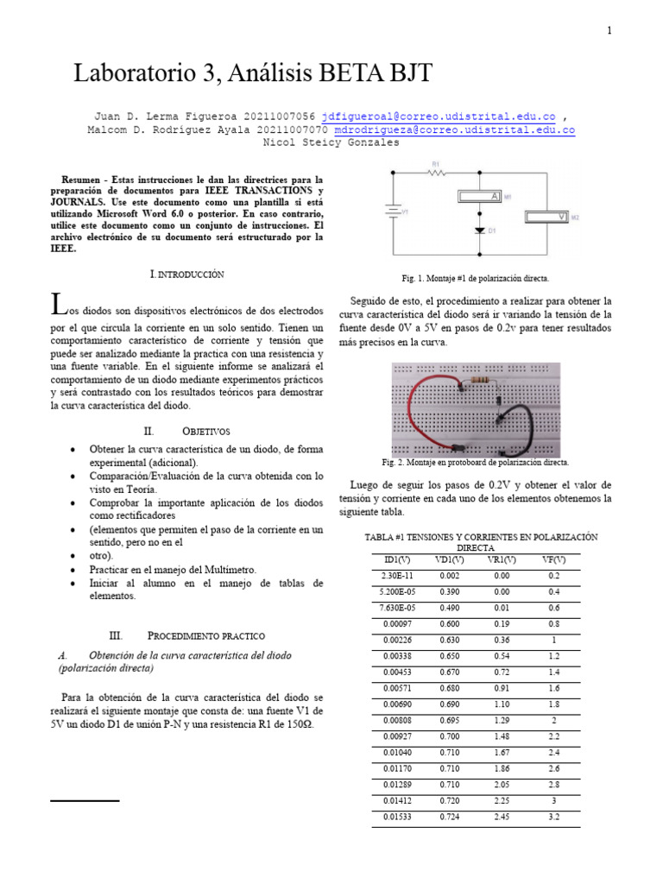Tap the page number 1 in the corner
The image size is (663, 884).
tap(609, 31)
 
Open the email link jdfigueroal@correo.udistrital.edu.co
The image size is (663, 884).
tap(438, 116)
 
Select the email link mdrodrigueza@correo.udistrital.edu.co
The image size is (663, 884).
tap(454, 129)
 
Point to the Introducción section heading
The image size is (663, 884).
tap(187, 274)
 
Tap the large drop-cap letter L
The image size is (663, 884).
tap(58, 303)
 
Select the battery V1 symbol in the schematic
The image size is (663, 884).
tap(394, 211)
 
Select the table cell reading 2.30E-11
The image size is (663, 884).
tap(398, 575)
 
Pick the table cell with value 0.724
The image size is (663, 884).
tap(448, 816)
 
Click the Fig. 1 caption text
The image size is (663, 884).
tap(475, 279)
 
